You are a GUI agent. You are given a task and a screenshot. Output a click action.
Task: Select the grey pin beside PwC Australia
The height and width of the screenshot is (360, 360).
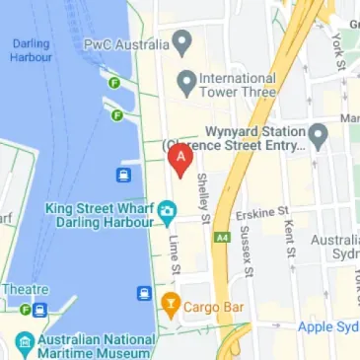pyautogui.click(x=180, y=41)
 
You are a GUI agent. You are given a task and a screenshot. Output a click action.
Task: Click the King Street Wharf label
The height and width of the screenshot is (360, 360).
pyautogui.click(x=103, y=217)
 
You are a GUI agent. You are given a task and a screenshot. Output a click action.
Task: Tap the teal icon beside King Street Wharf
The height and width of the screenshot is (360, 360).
pyautogui.click(x=168, y=209)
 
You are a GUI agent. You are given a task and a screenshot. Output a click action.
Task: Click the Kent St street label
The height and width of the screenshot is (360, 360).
pyautogui.click(x=289, y=238)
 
